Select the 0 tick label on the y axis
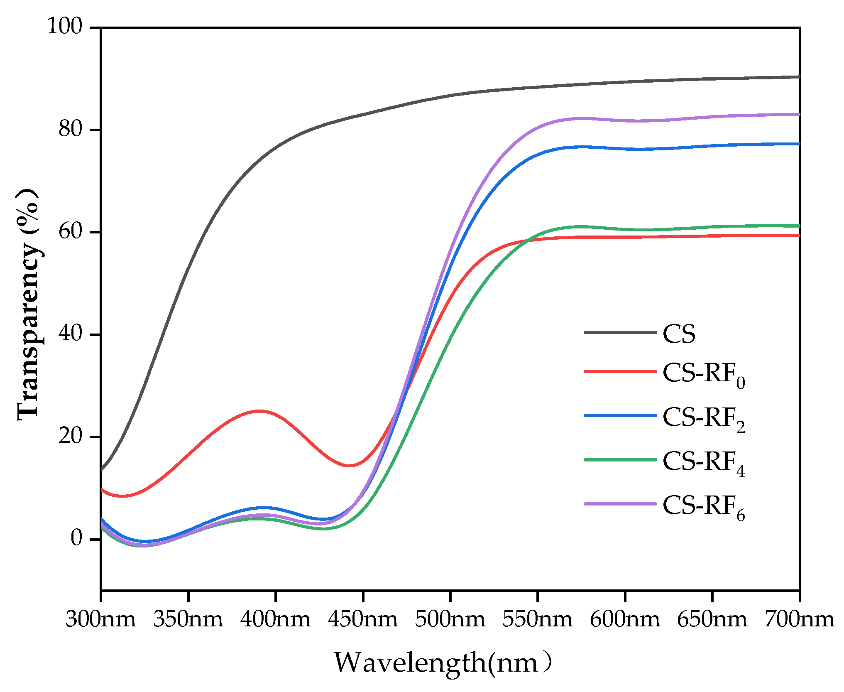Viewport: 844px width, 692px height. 76,538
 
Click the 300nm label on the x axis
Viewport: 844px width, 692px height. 101,619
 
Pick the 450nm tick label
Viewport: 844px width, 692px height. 363,619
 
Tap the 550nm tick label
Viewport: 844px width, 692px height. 538,619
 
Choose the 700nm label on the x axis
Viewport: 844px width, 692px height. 799,619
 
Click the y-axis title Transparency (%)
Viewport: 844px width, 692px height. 28,304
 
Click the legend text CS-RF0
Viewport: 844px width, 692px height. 704,374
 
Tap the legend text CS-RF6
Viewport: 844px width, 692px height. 704,506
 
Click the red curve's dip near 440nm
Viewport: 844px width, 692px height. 350,465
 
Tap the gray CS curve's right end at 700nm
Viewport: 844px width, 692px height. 798,77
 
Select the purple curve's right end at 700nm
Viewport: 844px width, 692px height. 798,114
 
